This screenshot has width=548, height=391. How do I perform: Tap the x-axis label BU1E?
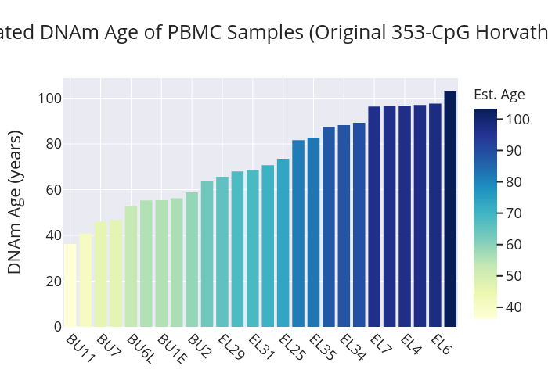[171, 349]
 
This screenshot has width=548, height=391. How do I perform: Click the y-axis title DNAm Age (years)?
[15, 202]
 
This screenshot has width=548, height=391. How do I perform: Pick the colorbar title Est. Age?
[499, 95]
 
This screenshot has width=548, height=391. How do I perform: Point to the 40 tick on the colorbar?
[514, 307]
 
